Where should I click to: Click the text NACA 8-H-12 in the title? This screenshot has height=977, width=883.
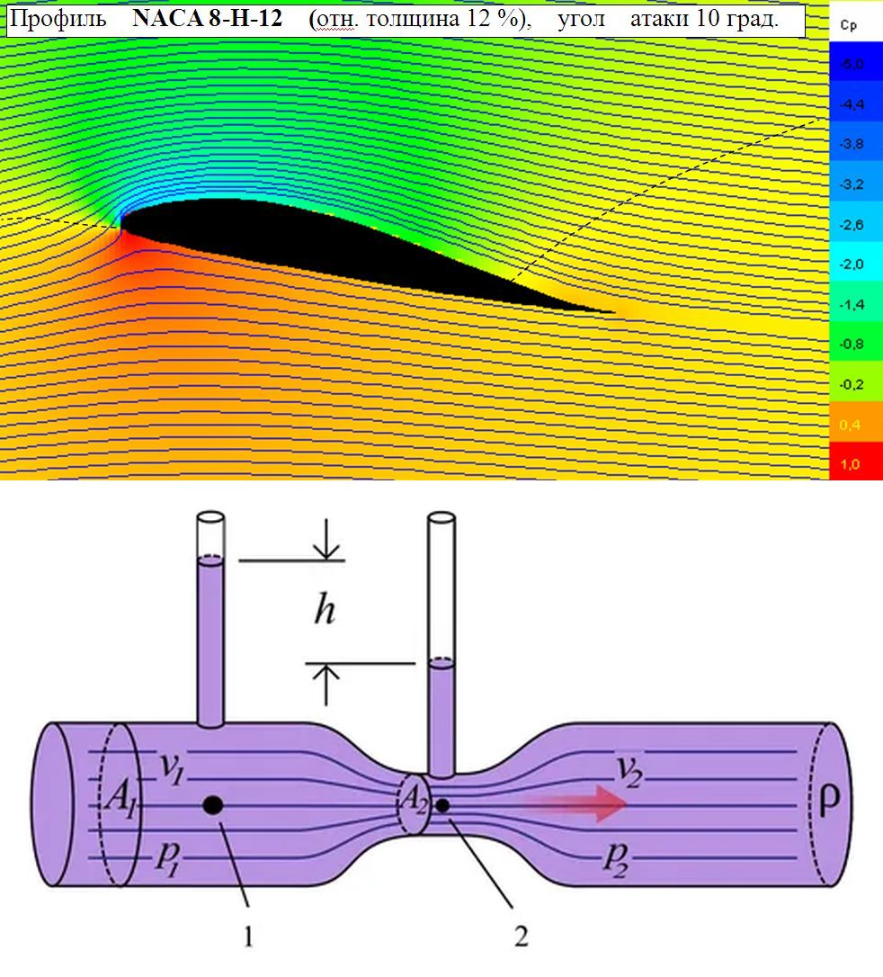tap(208, 19)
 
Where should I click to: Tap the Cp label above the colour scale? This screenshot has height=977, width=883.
tap(848, 25)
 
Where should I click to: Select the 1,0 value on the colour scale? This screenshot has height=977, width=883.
tap(850, 464)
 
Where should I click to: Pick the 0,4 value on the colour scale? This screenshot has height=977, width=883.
tap(850, 425)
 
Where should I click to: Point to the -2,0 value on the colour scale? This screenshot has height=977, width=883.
tap(852, 264)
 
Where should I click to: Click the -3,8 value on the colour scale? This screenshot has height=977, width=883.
tap(852, 144)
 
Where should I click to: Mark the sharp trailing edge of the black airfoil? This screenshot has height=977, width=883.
tap(612, 311)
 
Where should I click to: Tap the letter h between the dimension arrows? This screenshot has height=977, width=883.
tap(325, 609)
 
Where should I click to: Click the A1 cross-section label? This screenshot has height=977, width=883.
tap(120, 798)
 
